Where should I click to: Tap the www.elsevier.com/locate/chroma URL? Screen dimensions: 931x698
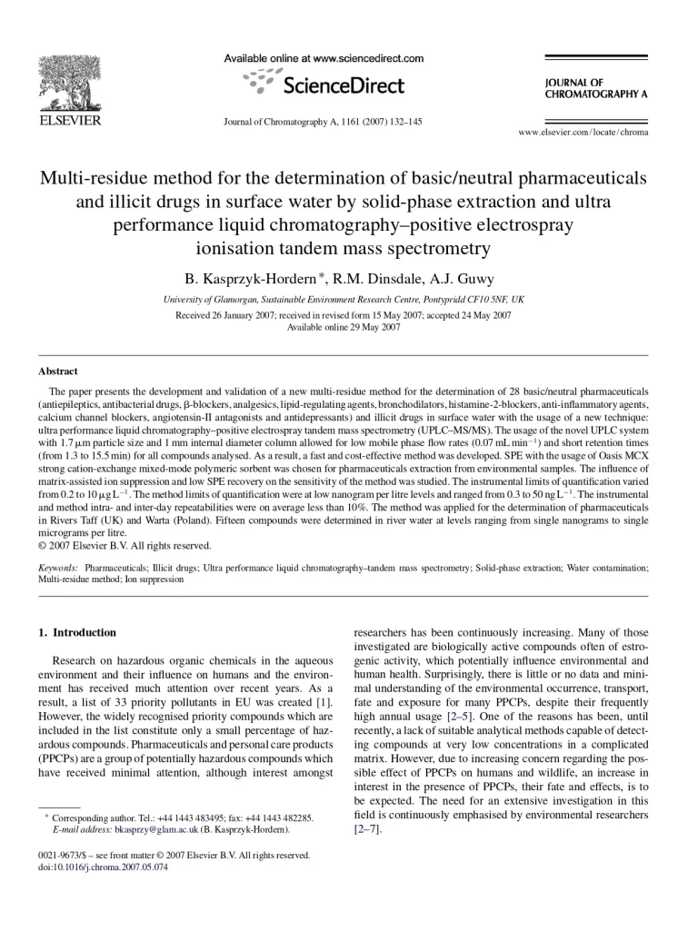coord(583,133)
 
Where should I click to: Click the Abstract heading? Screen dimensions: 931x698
coord(58,371)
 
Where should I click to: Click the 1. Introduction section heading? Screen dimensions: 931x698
coord(77,632)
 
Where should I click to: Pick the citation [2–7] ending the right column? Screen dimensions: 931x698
coord(368,829)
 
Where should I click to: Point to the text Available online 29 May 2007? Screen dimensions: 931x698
coord(343,327)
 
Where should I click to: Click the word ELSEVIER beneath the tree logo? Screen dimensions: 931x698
coord(69,121)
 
